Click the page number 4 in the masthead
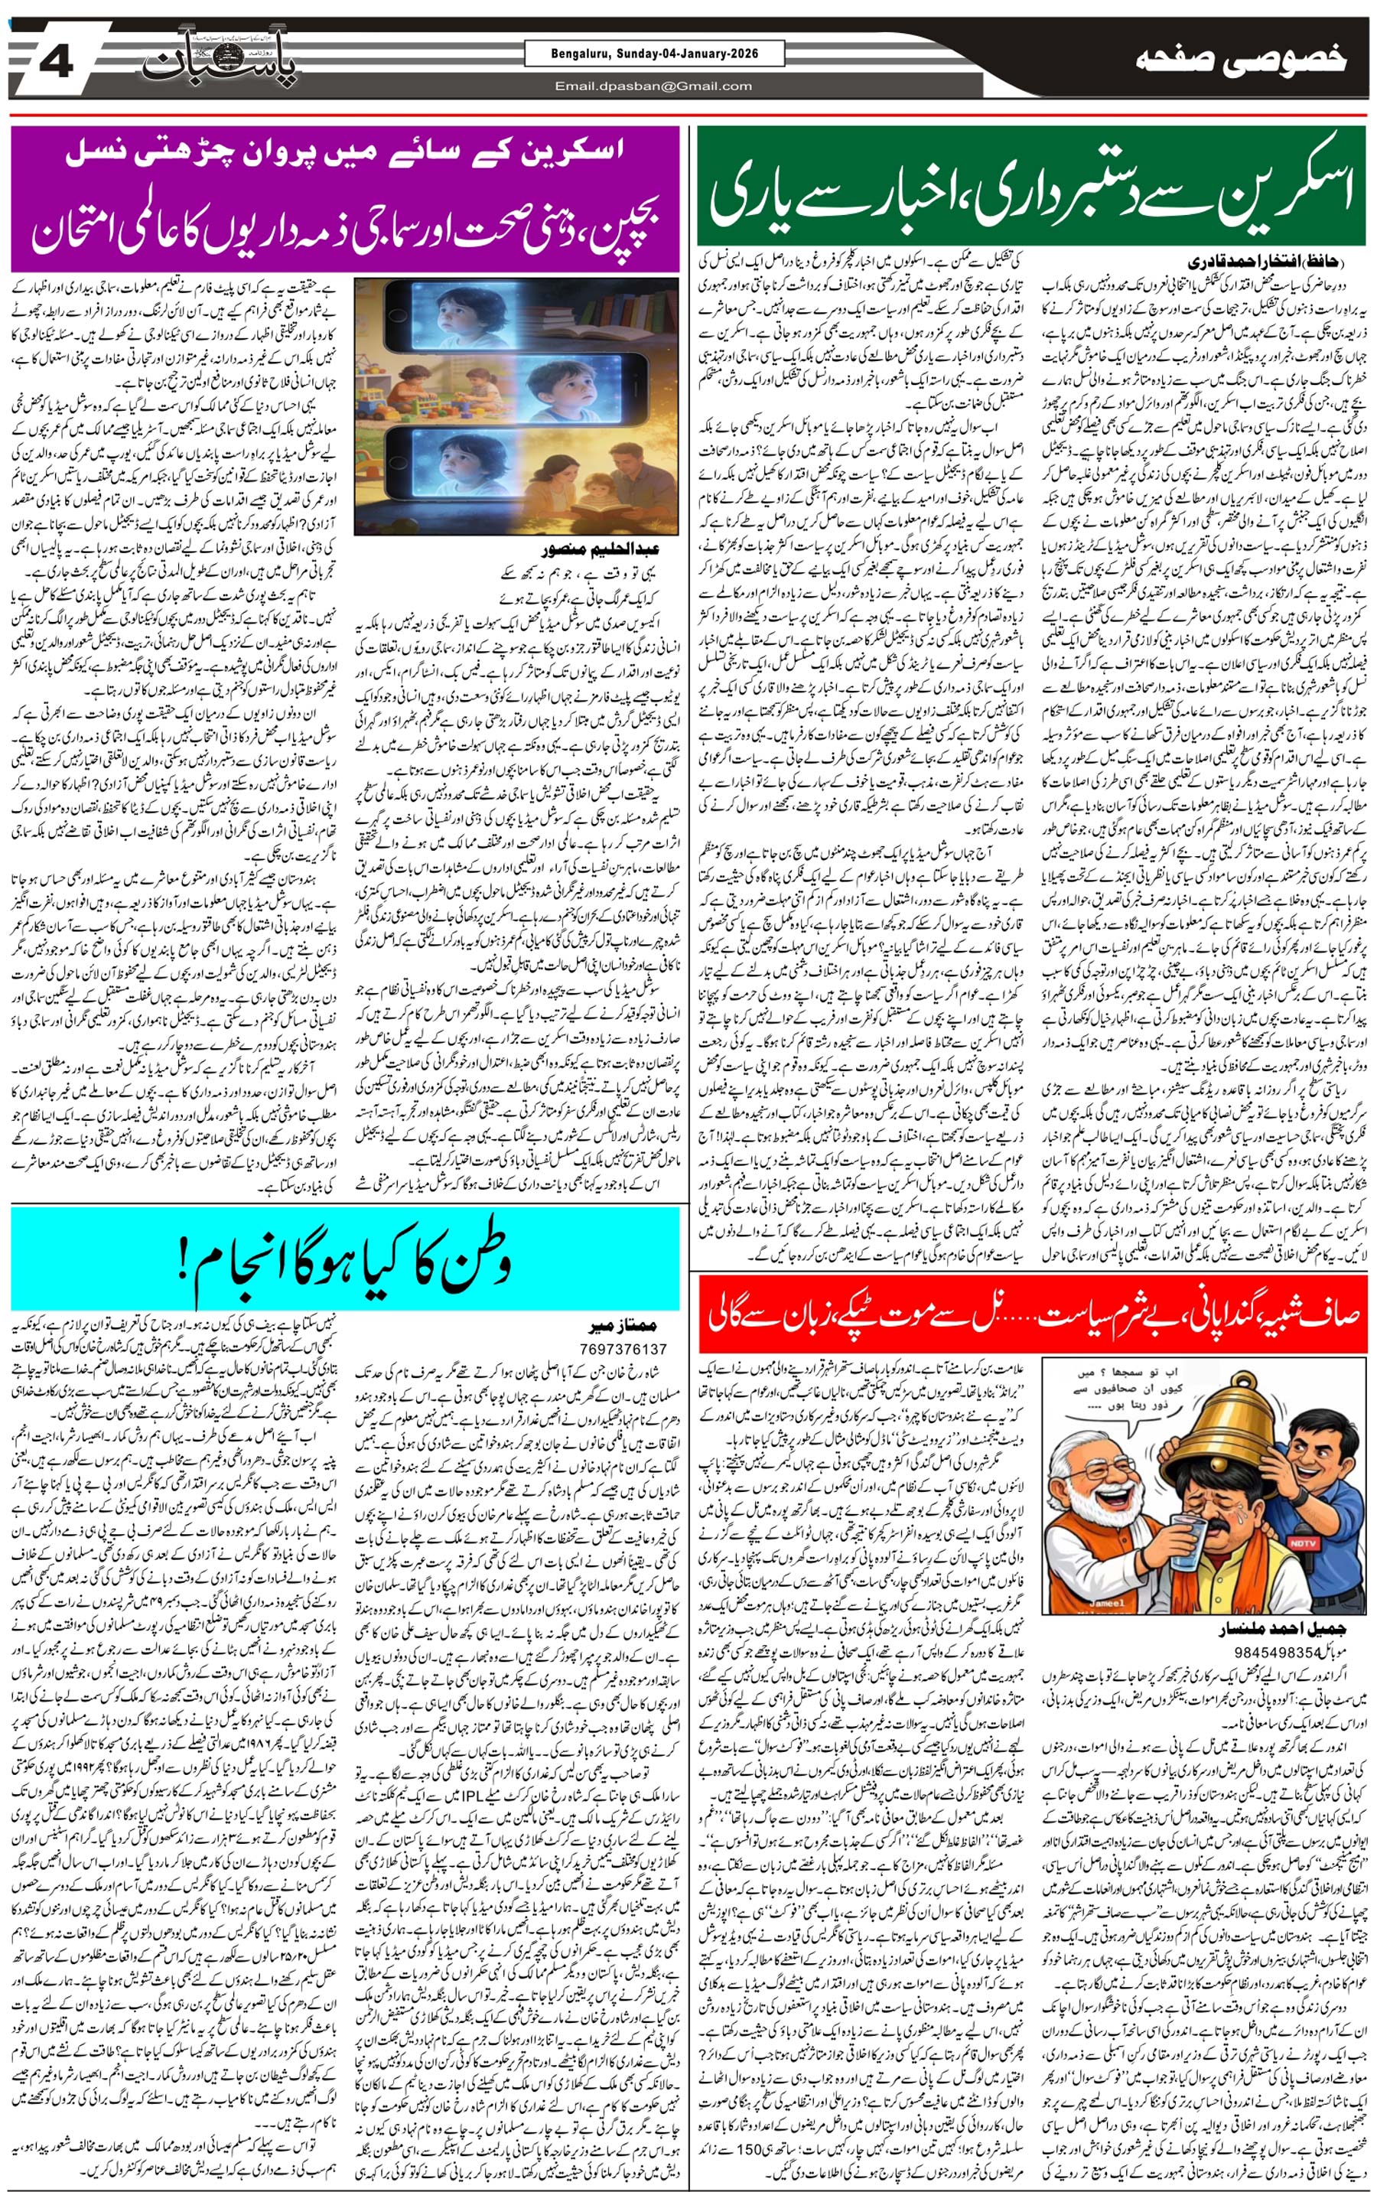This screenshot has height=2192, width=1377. [57, 63]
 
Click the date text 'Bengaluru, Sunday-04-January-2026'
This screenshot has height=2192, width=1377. [654, 54]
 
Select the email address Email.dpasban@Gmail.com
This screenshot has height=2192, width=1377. [654, 86]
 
